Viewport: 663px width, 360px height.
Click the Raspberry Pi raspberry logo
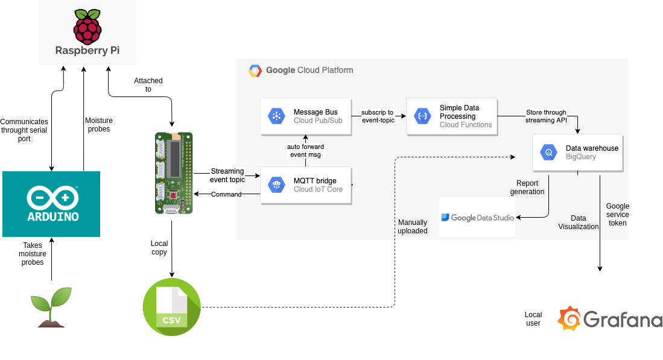[87, 25]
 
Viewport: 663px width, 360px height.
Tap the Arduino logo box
[51, 204]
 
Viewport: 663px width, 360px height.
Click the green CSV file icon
[172, 308]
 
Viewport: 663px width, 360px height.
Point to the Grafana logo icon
[569, 318]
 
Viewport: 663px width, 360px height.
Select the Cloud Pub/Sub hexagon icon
[277, 116]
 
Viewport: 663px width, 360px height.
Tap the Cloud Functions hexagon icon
[422, 116]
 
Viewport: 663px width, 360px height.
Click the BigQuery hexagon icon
[548, 153]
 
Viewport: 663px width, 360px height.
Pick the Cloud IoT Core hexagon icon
[277, 185]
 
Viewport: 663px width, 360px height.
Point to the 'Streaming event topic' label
[227, 175]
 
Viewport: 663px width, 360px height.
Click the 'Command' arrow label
[227, 194]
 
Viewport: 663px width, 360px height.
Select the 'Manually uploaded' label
[413, 227]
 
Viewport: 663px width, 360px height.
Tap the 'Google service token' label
[617, 215]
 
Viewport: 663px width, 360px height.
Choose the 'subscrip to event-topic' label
[378, 116]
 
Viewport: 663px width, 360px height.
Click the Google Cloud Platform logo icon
[255, 71]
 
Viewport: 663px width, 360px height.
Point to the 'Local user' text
[533, 319]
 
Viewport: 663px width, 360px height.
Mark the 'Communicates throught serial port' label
[24, 130]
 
